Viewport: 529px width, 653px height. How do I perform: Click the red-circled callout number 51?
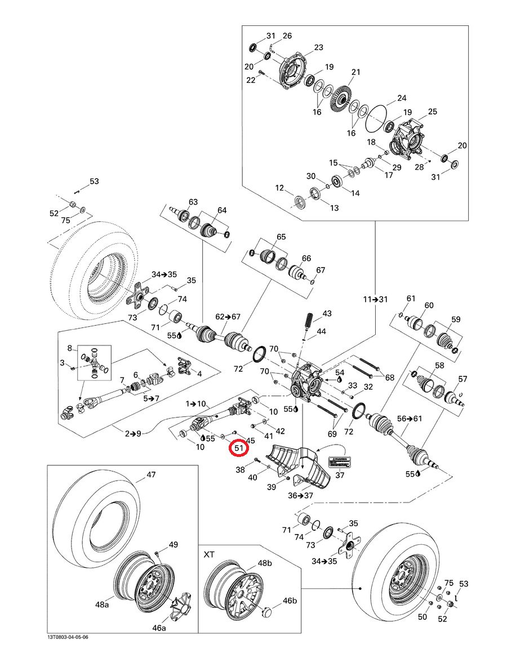238,448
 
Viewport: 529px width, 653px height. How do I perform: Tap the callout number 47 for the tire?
151,475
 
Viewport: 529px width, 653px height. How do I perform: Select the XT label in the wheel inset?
210,554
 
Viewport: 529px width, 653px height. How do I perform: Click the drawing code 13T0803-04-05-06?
68,637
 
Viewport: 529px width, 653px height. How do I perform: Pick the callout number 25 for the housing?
432,112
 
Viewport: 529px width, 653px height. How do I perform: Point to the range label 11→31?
375,299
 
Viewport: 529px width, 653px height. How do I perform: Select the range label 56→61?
409,419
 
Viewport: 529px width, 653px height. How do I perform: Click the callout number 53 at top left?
94,181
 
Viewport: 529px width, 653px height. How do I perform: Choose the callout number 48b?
264,563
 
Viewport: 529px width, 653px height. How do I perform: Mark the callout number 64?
221,210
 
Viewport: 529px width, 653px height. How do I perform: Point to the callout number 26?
287,36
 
